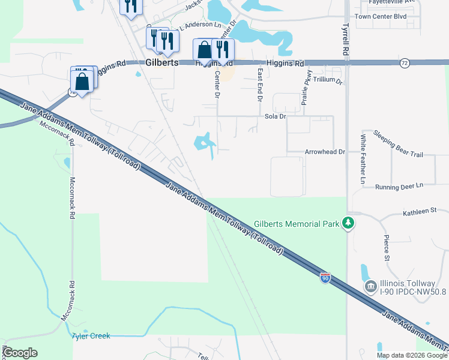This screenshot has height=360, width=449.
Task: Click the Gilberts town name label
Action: click(162, 62)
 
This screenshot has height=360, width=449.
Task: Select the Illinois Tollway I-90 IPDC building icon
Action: click(371, 288)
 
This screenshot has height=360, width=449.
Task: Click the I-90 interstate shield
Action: click(325, 278)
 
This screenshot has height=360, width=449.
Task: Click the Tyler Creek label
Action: click(91, 336)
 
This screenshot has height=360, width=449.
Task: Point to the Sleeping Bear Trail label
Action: click(398, 144)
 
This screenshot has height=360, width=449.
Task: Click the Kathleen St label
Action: click(419, 211)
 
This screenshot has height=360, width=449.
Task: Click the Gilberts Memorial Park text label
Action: click(297, 224)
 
